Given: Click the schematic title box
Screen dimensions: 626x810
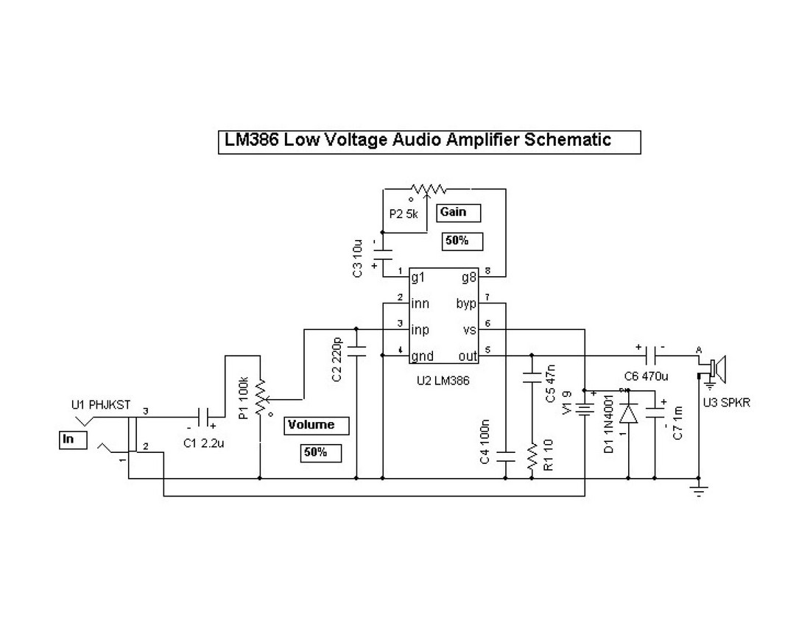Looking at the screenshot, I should click(x=429, y=141).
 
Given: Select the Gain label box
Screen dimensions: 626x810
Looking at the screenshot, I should click(x=459, y=213).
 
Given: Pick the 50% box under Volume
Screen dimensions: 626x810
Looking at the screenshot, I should click(x=320, y=452).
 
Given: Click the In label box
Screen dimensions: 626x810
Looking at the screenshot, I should click(x=72, y=440).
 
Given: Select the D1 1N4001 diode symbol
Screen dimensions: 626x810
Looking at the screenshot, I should click(x=628, y=414).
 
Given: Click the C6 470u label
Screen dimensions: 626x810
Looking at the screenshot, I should click(x=646, y=376).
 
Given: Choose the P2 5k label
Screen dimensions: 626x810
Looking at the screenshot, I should click(x=404, y=214).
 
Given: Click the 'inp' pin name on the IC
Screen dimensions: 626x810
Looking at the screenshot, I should click(x=420, y=330).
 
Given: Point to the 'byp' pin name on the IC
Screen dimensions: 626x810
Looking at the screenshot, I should click(x=467, y=303).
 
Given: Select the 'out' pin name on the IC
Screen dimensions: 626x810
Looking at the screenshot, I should click(x=467, y=356).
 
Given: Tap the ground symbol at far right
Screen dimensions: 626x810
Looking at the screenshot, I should click(x=698, y=488).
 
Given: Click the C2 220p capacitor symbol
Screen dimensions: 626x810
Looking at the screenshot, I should click(x=356, y=352).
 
